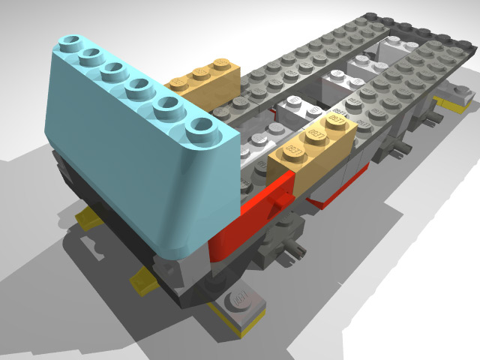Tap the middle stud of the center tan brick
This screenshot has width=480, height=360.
315,135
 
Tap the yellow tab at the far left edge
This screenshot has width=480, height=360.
88,218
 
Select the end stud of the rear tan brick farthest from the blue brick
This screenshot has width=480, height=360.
222,65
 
